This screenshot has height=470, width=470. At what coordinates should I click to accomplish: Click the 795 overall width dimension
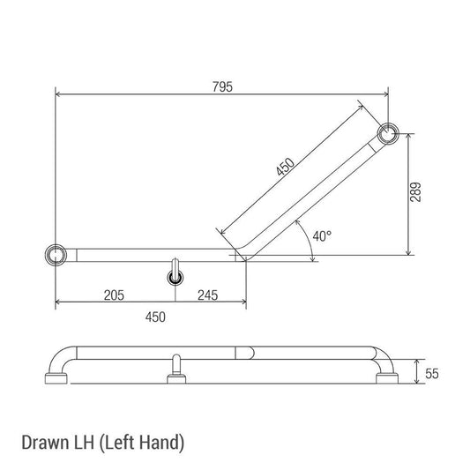222,86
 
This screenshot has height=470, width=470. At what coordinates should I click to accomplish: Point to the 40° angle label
322,235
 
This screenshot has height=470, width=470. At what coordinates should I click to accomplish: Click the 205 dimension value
111,295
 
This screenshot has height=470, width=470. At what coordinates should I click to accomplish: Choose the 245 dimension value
209,295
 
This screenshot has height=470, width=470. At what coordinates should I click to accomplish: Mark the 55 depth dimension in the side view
431,373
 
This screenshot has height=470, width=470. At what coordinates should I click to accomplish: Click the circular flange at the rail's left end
56,255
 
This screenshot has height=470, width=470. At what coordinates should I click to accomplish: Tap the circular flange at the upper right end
387,134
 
